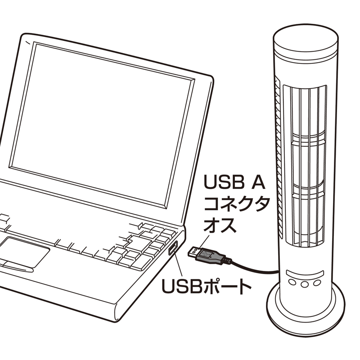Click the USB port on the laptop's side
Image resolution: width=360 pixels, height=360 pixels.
(x=173, y=248)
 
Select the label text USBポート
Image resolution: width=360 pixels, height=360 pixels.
(x=206, y=286)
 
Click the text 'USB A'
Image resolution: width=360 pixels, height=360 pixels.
(x=234, y=182)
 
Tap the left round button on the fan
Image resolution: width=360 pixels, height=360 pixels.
(x=292, y=282)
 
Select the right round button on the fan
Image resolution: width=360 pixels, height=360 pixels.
(x=317, y=282)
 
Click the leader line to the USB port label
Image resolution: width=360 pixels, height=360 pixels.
(x=178, y=264)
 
